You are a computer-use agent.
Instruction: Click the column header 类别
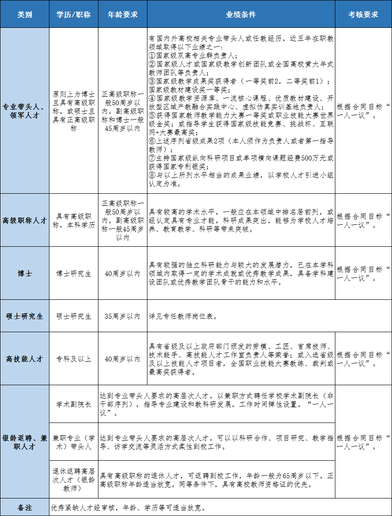point(25,14)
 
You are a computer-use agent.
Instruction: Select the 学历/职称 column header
point(74,14)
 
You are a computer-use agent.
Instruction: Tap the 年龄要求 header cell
point(123,14)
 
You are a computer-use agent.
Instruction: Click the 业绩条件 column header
point(241,14)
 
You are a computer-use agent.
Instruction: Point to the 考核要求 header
point(363,14)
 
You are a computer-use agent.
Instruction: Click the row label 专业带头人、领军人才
point(25,111)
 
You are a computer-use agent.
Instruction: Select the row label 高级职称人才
point(25,220)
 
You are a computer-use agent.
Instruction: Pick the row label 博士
point(25,273)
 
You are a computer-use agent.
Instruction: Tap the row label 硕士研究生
point(25,316)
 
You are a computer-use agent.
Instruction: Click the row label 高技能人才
point(25,359)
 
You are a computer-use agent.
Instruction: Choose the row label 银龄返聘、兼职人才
point(25,442)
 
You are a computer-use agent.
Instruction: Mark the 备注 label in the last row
point(25,508)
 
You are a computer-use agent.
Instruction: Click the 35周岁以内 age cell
point(123,316)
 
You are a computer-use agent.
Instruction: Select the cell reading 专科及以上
point(74,359)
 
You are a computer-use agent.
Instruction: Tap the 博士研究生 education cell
point(74,273)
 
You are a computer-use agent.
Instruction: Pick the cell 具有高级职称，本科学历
point(74,220)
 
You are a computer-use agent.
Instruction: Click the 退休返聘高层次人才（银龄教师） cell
point(74,480)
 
